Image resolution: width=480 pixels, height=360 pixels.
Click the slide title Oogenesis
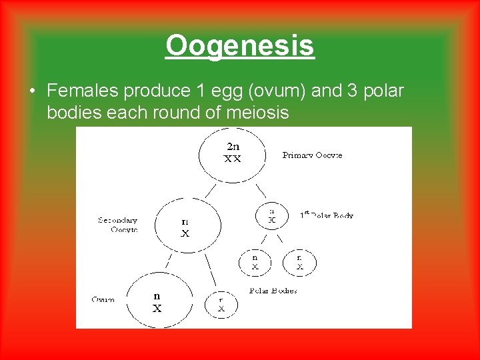[x=239, y=46]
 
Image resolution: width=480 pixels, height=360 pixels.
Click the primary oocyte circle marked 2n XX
[x=232, y=155]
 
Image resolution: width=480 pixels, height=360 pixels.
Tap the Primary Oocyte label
[x=312, y=155]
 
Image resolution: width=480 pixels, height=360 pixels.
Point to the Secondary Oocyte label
[x=118, y=225]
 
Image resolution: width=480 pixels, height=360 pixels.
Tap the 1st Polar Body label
[x=326, y=215]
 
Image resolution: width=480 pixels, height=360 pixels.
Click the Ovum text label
[x=103, y=299]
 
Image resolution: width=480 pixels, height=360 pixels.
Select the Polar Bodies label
[x=273, y=291]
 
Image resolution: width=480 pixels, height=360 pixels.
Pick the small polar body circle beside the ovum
[x=221, y=305]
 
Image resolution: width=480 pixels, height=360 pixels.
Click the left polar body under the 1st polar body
[x=255, y=262]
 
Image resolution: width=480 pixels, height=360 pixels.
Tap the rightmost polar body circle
[x=300, y=262]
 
